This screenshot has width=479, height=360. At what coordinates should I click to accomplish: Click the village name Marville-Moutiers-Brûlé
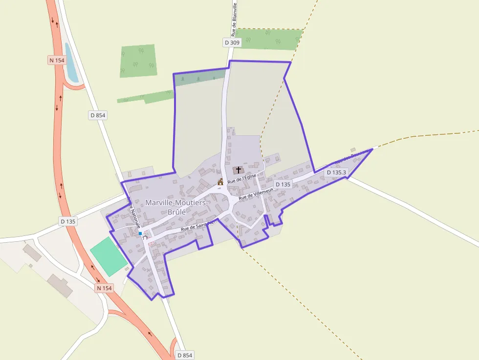[177, 207]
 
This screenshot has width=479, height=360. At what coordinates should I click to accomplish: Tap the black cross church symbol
[239, 170]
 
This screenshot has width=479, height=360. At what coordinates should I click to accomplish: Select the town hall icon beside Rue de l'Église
[220, 182]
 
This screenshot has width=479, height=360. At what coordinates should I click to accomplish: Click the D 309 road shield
[233, 42]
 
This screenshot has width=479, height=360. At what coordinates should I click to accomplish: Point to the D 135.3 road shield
[336, 172]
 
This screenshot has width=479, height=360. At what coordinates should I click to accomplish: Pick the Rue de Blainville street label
[235, 19]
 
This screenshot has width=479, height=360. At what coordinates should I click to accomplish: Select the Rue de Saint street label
[197, 225]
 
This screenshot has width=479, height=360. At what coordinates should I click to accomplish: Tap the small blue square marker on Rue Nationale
[140, 233]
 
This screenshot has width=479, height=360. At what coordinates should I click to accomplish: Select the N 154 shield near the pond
[57, 60]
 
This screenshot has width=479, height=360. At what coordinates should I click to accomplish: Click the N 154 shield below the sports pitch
[104, 288]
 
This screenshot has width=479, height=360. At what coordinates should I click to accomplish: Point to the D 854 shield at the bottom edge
[184, 355]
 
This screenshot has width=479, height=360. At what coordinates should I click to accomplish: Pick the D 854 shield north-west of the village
[98, 115]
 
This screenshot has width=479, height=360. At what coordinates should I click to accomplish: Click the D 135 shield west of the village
[68, 221]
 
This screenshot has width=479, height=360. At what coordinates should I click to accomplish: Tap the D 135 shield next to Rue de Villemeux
[283, 184]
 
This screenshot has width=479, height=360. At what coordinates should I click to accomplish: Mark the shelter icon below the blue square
[145, 238]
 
